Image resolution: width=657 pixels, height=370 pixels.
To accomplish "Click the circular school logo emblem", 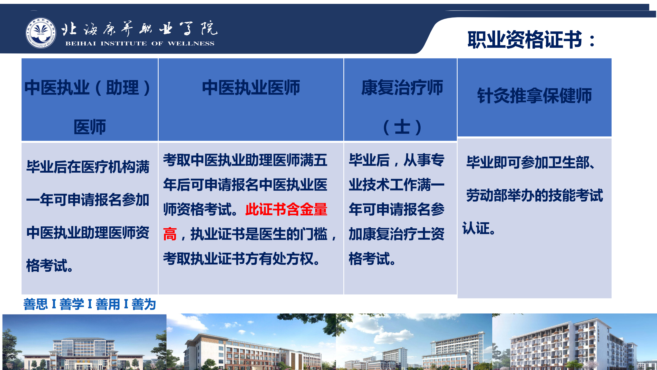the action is click(x=41, y=33).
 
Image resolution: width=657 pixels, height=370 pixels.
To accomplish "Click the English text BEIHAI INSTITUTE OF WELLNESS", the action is click(x=140, y=43).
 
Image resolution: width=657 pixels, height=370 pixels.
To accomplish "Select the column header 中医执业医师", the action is click(x=251, y=88).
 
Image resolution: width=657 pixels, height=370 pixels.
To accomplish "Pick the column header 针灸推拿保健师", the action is click(x=535, y=96).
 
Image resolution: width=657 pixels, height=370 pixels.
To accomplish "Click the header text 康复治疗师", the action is click(x=402, y=88).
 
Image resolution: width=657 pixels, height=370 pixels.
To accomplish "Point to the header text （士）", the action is click(x=402, y=127).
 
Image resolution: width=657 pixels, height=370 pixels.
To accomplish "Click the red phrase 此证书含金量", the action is click(x=286, y=209).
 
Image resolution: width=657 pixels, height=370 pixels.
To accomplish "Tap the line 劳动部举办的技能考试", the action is click(x=535, y=195).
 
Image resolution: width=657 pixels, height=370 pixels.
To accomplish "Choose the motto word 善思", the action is click(x=36, y=304).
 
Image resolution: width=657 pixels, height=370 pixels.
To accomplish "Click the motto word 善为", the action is click(x=144, y=304).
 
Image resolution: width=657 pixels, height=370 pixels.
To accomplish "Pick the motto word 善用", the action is click(x=108, y=304).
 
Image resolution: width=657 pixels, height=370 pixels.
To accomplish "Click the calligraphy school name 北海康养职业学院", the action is click(x=139, y=29).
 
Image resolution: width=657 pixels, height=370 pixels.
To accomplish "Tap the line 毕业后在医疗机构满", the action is click(x=88, y=167).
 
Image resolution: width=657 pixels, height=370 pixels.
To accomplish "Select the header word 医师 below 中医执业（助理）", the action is click(x=90, y=127).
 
